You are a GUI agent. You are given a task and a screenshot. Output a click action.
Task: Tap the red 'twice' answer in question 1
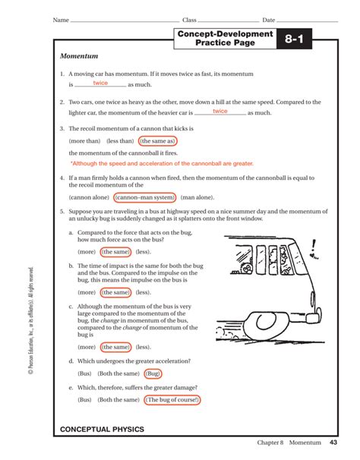100,83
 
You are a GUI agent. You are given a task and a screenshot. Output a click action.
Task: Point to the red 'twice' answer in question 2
220,111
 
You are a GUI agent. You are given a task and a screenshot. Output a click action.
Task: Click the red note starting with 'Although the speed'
162,163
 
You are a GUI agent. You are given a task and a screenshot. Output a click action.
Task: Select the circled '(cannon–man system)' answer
144,197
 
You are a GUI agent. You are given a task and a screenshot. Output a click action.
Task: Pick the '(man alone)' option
197,197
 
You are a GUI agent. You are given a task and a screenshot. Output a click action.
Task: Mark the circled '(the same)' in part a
116,252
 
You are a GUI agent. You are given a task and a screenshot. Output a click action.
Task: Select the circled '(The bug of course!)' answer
173,399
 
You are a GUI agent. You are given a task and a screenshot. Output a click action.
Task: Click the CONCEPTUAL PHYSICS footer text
102,430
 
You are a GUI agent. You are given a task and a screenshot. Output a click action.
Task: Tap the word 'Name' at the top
60,19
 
